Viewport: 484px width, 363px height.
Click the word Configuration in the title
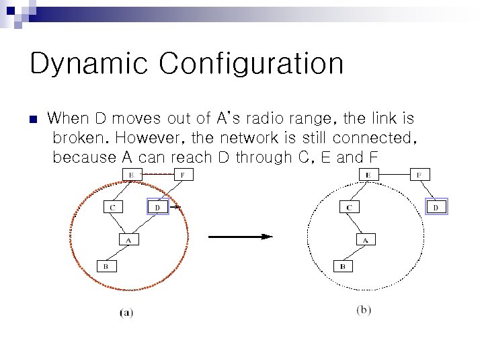(251, 65)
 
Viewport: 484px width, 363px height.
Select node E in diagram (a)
(130, 175)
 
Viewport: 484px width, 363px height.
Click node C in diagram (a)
(112, 207)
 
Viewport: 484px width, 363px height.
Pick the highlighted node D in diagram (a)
(157, 207)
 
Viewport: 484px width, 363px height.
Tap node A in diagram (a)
(128, 239)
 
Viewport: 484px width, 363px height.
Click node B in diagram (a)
(106, 266)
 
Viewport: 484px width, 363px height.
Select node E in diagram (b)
(368, 175)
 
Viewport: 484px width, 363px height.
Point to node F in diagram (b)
(419, 175)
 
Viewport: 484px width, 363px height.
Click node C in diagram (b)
(349, 207)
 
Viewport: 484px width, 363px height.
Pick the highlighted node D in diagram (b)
(436, 207)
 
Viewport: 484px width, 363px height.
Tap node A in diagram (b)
(365, 239)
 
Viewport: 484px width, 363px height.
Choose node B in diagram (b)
(343, 266)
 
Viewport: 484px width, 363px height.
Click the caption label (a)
(126, 313)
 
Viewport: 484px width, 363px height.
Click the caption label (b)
(363, 310)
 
